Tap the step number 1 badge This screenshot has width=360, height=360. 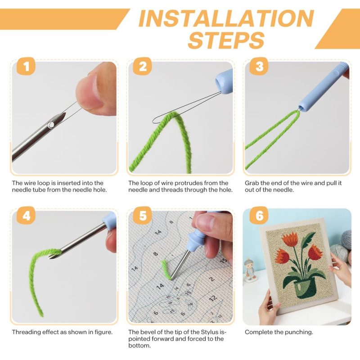26,67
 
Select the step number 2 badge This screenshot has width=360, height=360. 143,67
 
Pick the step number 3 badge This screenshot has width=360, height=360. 259,67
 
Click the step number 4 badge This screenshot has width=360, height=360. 26,216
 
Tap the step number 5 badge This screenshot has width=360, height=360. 143,216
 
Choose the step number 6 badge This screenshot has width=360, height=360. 259,216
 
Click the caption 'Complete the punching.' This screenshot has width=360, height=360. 279,332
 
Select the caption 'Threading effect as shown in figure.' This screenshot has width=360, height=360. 62,332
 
